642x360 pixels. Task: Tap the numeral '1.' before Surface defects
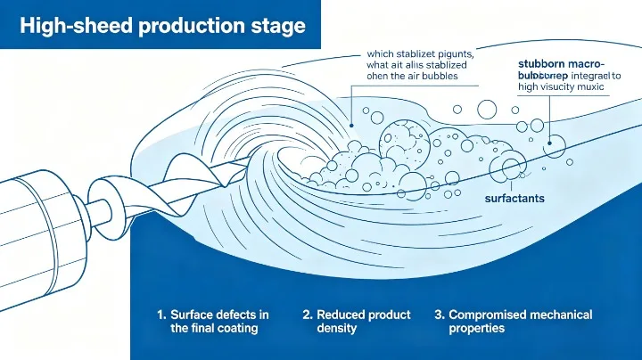coord(161,315)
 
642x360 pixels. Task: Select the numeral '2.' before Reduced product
coord(308,315)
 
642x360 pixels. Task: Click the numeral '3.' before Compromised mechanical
coord(440,315)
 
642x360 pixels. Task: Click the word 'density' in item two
coord(337,329)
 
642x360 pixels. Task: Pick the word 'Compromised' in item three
coord(488,315)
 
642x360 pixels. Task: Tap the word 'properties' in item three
coord(477,329)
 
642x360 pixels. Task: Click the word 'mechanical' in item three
coord(560,315)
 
